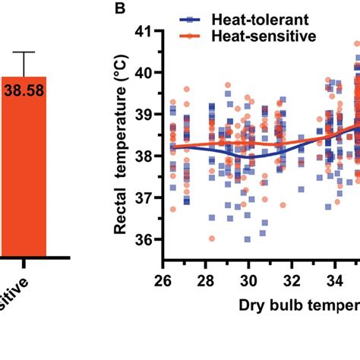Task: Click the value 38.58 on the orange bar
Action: tap(24, 90)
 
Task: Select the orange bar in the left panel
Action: tap(23, 167)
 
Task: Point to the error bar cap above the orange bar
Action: tap(24, 52)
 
